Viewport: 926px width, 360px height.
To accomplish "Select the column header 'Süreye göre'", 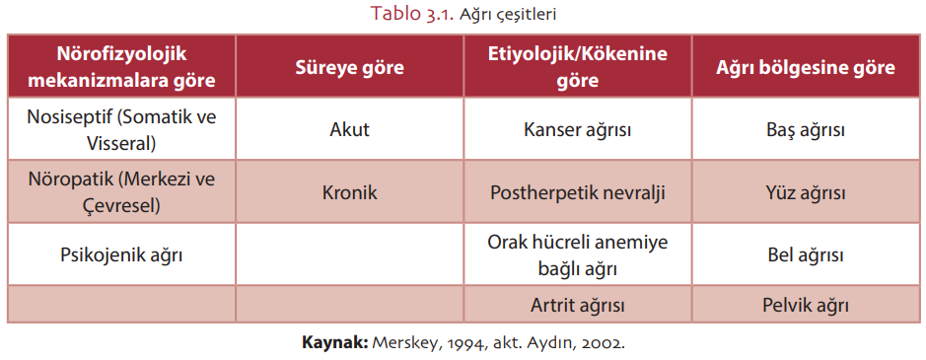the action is (350, 67).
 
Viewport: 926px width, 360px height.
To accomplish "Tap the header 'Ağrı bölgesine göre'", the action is (806, 67).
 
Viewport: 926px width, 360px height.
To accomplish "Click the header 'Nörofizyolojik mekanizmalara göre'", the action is (121, 67).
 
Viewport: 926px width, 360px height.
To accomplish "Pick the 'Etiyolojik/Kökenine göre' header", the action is (578, 67).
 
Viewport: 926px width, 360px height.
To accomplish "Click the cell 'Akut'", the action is (350, 129).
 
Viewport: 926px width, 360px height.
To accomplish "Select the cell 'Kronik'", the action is (350, 193).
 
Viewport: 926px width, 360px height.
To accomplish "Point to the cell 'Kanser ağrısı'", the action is (578, 130).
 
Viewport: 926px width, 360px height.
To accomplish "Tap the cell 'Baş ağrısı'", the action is (806, 130).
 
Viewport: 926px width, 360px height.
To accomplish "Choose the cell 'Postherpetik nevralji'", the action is (578, 193).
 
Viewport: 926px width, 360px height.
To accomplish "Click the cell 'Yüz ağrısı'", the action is (806, 193).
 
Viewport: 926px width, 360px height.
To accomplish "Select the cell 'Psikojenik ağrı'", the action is (121, 255).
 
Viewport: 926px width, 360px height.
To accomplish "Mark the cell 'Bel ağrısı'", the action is (806, 255).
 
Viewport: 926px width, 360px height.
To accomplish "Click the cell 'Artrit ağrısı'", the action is (578, 305).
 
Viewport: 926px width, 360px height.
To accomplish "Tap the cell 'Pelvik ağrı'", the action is (806, 305).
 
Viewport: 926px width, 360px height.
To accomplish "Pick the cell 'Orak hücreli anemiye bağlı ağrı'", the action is (578, 255).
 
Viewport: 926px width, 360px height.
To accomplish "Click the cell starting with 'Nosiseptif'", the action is (121, 130).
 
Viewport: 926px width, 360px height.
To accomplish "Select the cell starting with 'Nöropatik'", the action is (121, 193).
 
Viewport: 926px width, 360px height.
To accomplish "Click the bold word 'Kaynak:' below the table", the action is (335, 343).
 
